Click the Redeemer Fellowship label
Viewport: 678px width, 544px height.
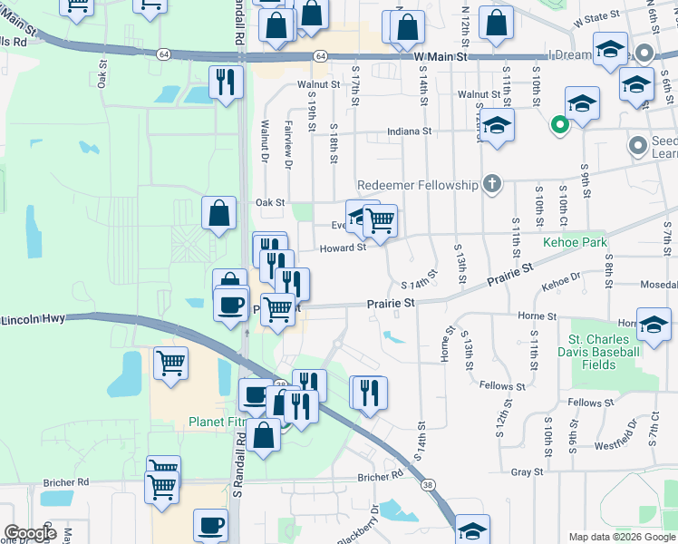(x=417, y=185)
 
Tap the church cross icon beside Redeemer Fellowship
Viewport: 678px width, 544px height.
(x=491, y=185)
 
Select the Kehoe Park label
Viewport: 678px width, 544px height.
(x=574, y=243)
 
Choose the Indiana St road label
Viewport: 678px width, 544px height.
(x=409, y=131)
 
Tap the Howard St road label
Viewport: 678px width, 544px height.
(x=343, y=247)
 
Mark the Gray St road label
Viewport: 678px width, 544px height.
(x=527, y=471)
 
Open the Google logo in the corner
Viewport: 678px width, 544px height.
(x=30, y=533)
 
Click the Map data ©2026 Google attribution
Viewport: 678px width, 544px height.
(x=622, y=537)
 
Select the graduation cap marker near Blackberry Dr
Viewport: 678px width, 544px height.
(x=472, y=529)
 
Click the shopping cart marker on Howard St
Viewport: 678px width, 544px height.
(x=380, y=219)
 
